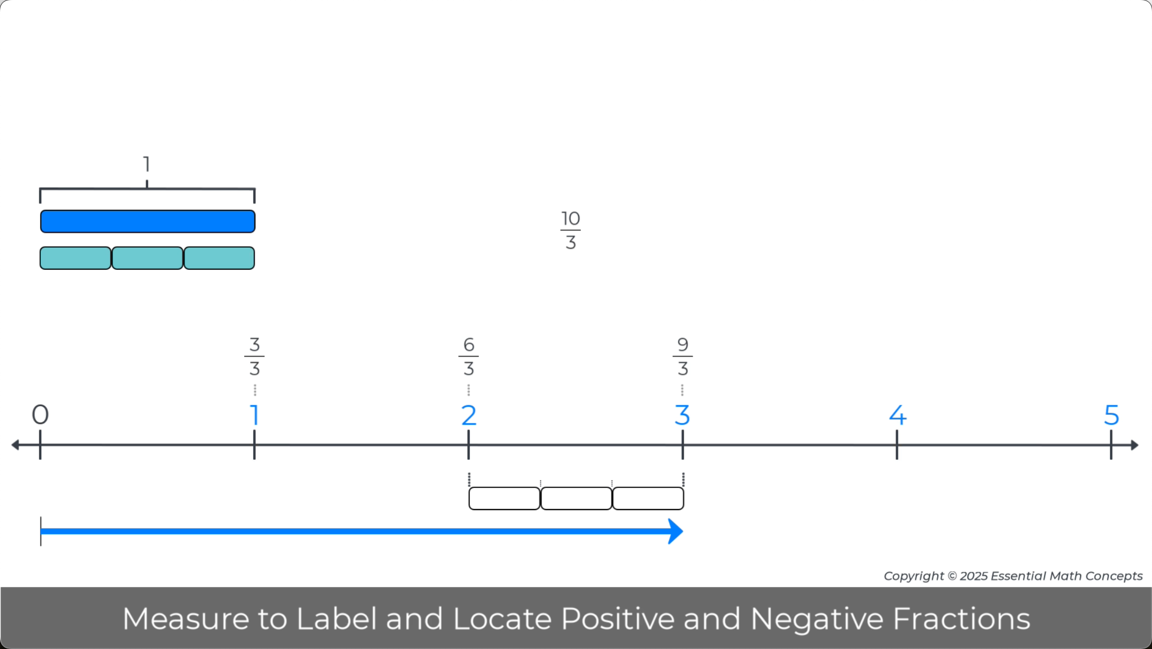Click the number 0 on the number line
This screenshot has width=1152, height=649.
pos(40,415)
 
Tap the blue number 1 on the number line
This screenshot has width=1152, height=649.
pos(255,415)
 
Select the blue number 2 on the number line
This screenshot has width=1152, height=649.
pos(469,415)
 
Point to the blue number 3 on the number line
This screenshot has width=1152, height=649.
pos(682,415)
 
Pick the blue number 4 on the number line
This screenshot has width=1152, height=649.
pos(897,415)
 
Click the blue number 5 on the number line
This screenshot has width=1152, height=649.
pos(1112,415)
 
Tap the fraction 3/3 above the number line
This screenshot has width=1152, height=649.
pos(255,356)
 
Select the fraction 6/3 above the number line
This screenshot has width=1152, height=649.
pos(469,356)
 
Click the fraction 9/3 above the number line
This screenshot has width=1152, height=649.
pos(683,356)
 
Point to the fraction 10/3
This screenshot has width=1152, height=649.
pos(571,230)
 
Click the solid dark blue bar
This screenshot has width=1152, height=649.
pos(148,221)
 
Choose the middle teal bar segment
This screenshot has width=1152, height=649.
pos(148,258)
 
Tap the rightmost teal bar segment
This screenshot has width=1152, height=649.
pos(219,258)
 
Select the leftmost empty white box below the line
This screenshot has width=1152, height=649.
pos(505,498)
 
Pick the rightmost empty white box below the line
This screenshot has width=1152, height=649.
pos(648,498)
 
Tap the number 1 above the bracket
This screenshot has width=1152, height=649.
pos(147,164)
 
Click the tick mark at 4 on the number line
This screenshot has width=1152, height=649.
pos(897,445)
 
